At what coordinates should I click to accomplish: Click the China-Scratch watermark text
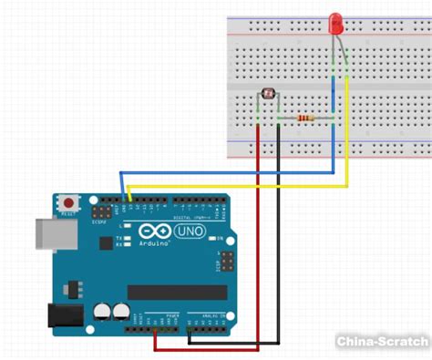pos(381,341)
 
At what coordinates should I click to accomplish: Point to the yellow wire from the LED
pos(346,137)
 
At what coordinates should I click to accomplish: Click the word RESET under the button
pos(68,215)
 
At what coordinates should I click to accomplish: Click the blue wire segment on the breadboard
pos(334,91)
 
